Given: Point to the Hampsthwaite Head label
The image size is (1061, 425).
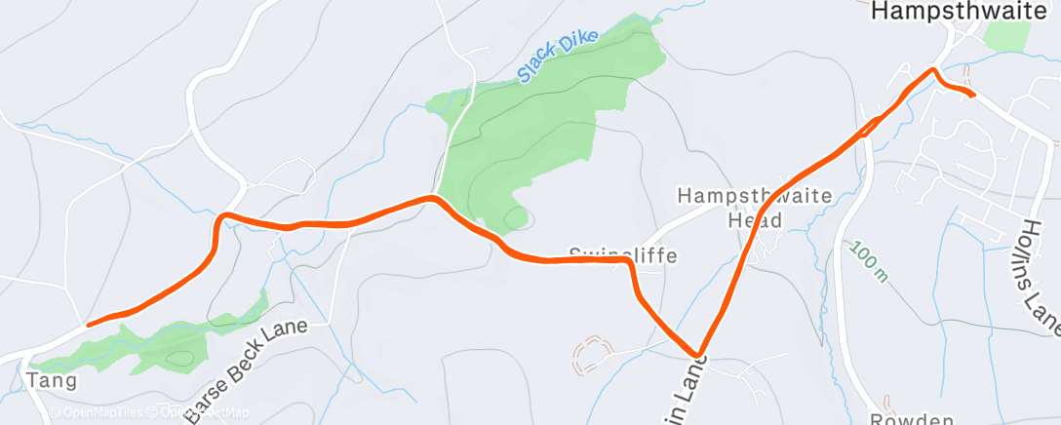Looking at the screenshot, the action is pos(755,208).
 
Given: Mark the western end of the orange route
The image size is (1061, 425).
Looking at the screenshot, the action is pos(89,324).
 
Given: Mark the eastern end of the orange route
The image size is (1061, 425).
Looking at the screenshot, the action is pos(973,95).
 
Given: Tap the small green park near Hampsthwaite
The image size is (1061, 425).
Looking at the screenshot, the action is pos(1007,35).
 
